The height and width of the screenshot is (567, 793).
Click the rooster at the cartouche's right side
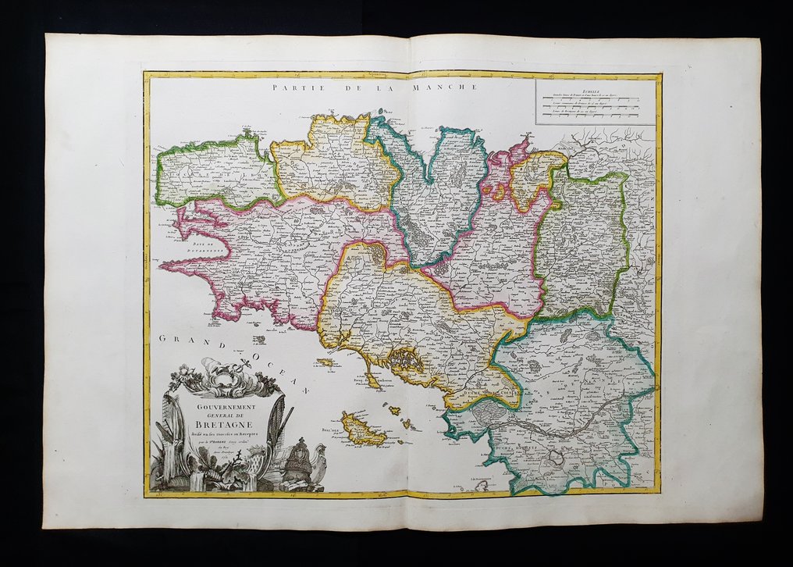coord(318,469)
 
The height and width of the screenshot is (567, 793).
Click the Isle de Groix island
coord(325,362)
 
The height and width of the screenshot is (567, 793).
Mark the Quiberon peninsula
coord(372,380)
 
